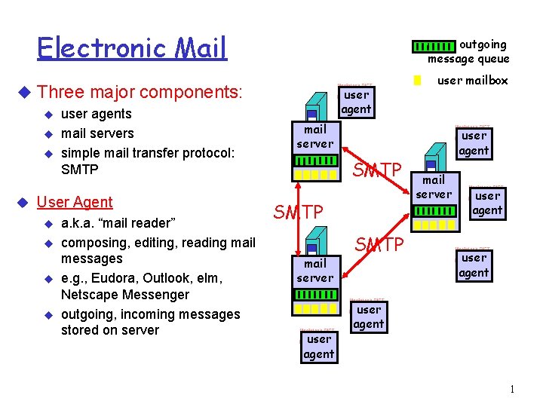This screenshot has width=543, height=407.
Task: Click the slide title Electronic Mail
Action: coord(132,48)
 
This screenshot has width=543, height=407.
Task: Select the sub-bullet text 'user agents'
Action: coord(96,115)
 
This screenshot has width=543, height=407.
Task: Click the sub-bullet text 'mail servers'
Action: coord(97,134)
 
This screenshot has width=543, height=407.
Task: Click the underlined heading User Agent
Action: coord(75,202)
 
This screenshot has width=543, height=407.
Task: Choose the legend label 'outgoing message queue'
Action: coord(469,52)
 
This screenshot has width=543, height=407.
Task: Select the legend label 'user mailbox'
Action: coord(473,81)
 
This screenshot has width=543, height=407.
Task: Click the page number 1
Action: coord(512,389)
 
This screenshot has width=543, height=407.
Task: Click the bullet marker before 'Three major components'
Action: coord(22,93)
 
